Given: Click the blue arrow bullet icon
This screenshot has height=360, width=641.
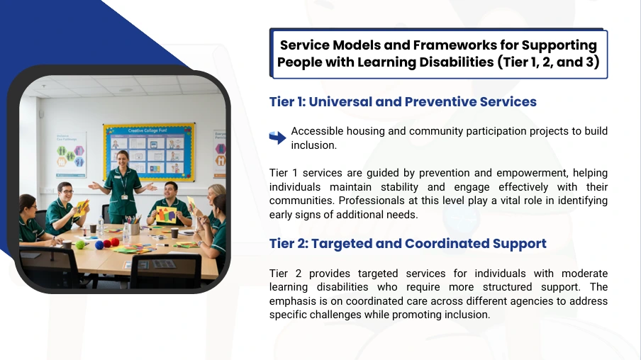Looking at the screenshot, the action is coord(277,137).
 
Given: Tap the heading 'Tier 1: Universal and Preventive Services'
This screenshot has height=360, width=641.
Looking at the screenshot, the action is coord(403,102).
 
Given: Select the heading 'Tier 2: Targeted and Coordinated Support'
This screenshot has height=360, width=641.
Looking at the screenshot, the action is coord(408,244).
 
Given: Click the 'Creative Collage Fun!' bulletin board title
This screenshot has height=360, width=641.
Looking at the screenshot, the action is coord(147,131).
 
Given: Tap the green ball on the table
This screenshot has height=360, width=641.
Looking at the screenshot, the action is coord(80,244).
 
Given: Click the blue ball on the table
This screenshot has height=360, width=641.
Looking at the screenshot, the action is coord(99,244).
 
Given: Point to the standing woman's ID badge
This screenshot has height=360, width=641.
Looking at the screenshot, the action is coord(124,196).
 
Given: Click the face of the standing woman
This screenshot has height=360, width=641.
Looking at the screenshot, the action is coord(123,159).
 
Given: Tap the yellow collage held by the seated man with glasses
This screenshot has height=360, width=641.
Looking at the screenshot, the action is coord(81,207).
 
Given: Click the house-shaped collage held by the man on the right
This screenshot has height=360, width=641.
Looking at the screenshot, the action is coord(166,215).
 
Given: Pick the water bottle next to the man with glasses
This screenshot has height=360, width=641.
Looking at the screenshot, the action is coord(101,225).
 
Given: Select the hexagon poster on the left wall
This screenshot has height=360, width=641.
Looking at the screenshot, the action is coord(71,154).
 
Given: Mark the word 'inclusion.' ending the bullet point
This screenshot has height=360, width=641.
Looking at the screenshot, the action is coord(313,145).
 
